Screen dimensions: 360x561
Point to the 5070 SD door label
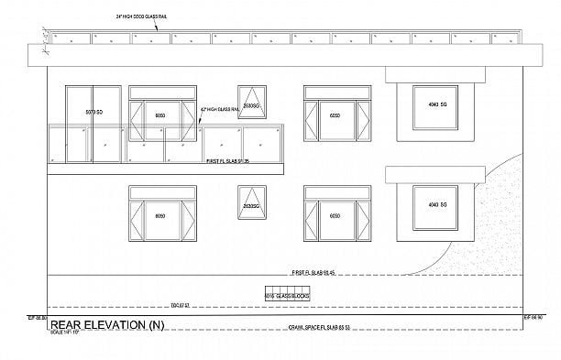pos(92,111)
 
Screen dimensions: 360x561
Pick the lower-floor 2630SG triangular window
pos(250,201)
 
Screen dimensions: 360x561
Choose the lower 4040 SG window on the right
pos(430,207)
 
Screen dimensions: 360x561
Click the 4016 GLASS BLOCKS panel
pos(287,295)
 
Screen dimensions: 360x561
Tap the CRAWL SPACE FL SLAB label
pos(321,327)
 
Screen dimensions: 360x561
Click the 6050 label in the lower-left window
pos(160,217)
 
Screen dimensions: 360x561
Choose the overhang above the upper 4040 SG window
pos(430,74)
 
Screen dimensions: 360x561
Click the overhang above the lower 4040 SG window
pos(430,174)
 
